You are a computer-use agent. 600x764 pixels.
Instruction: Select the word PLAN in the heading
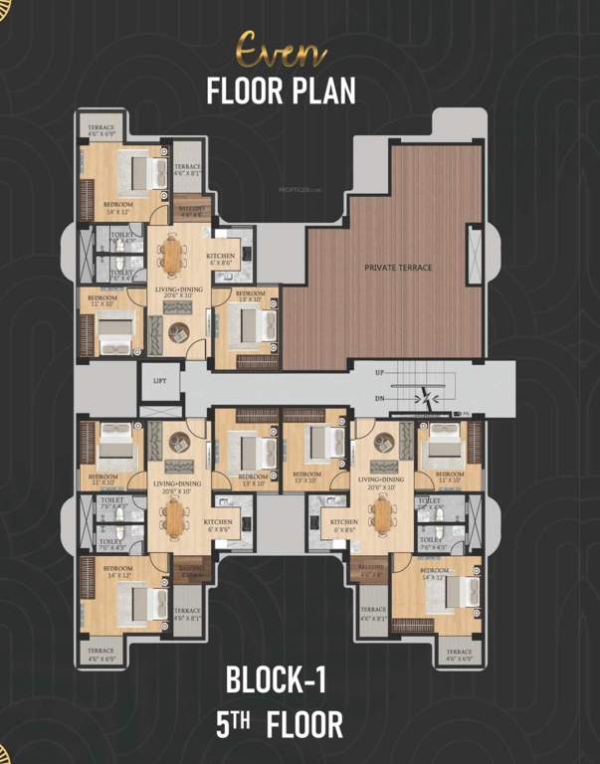(319, 91)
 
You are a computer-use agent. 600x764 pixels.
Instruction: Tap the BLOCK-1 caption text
(276, 681)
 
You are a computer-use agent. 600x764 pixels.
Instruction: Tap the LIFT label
(159, 380)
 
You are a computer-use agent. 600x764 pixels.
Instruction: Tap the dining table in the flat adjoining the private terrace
(173, 258)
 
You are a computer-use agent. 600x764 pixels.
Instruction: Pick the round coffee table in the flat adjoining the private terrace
(179, 332)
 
